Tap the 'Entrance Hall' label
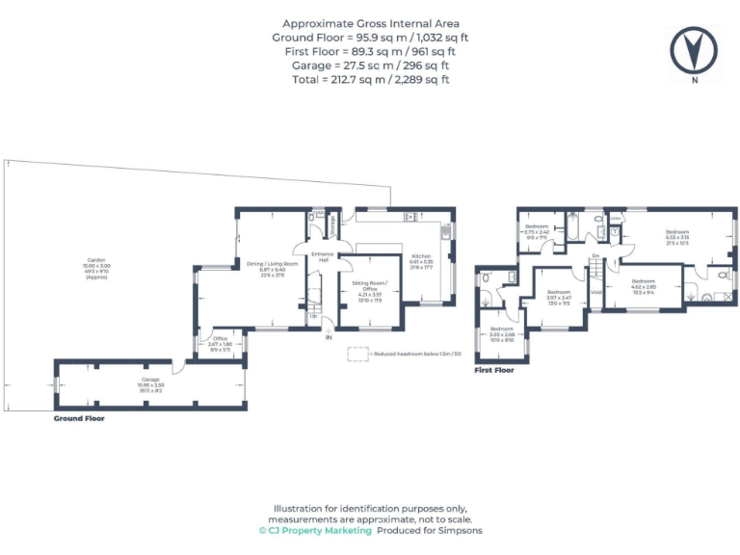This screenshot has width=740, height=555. tap(321, 257)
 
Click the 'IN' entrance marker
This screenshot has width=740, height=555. tap(328, 336)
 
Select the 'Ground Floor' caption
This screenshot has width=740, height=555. tap(79, 419)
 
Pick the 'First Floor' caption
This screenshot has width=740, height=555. tap(494, 369)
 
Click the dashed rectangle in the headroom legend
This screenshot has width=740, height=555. tap(357, 355)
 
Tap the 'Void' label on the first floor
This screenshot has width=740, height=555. tap(595, 291)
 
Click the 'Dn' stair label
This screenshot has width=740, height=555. tap(596, 255)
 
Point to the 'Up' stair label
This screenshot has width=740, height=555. tap(313, 316)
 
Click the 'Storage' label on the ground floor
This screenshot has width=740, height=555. tap(333, 225)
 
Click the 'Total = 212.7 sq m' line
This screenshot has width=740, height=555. tap(371, 79)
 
